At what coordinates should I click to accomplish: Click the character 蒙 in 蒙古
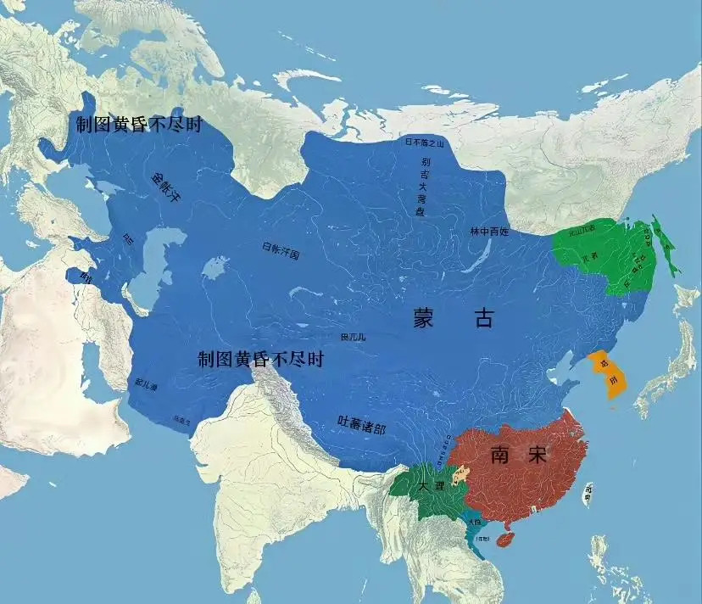click(x=424, y=319)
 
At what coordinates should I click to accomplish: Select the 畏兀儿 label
click(x=354, y=337)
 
